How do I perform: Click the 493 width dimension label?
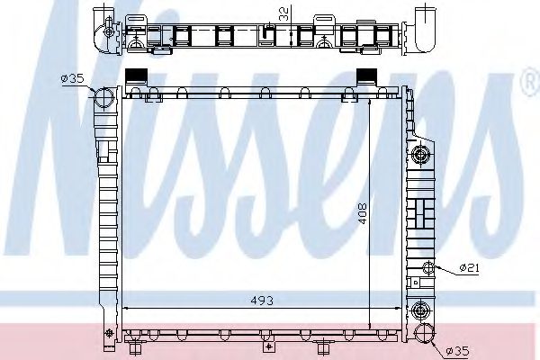tap(263, 300)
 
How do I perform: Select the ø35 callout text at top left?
tap(72, 79)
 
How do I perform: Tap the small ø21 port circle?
tap(429, 267)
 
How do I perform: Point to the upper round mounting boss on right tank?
tap(419, 156)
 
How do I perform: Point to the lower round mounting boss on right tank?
tap(419, 311)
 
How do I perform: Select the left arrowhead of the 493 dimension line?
tap(125, 308)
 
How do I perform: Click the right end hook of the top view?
tap(425, 27)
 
